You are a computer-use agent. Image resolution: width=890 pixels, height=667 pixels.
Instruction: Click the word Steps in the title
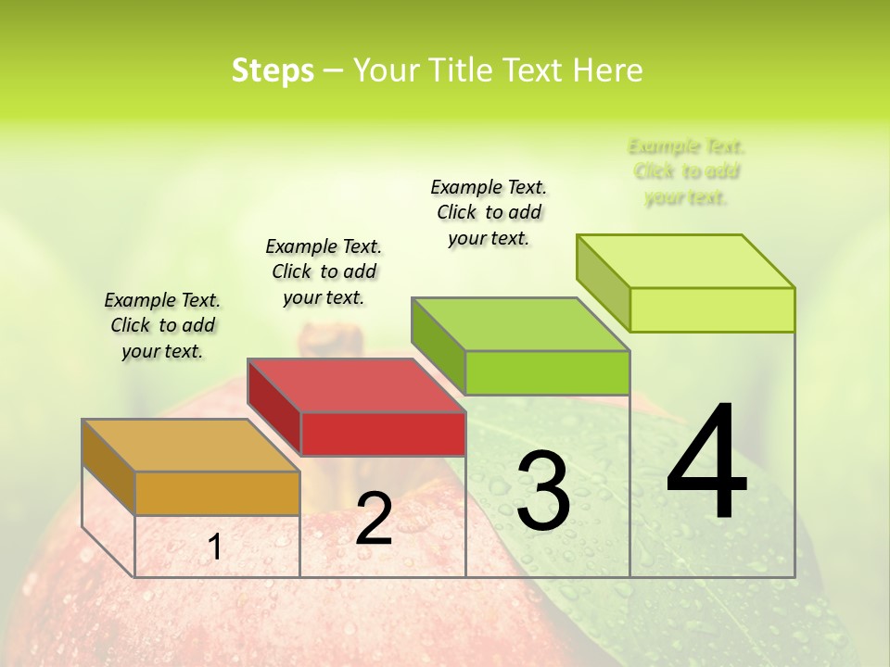tap(273, 70)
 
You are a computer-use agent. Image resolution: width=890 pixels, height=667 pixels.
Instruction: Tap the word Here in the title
tap(608, 70)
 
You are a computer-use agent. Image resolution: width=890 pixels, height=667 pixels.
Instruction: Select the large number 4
tap(706, 463)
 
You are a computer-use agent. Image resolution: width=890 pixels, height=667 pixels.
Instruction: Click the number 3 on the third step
tap(542, 491)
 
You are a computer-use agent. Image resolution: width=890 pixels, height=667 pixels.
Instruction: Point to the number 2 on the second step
tap(374, 519)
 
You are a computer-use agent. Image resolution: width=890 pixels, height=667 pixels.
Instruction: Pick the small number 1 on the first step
tap(215, 547)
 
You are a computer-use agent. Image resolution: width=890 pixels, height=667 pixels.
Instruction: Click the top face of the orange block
tap(191, 445)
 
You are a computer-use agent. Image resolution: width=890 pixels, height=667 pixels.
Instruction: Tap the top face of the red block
tap(356, 384)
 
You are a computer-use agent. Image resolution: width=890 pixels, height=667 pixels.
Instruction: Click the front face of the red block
tap(383, 434)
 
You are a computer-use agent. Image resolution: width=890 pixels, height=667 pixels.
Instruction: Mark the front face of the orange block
tap(217, 493)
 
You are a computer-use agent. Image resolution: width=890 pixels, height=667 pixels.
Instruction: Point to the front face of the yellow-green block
tap(712, 309)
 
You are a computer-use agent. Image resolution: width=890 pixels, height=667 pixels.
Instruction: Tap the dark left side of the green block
tap(438, 345)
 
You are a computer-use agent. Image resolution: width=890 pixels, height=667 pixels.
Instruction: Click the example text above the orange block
tap(162, 325)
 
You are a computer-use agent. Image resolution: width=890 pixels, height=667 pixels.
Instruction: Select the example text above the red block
tap(324, 271)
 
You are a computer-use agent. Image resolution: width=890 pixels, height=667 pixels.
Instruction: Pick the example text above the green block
tap(489, 212)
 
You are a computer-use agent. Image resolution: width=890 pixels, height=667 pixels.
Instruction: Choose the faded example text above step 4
tap(686, 171)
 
